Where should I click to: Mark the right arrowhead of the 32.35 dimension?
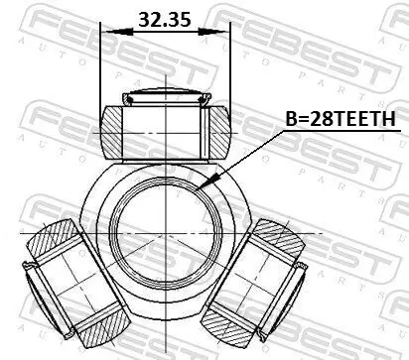pos(226,32)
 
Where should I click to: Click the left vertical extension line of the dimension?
pos(101,69)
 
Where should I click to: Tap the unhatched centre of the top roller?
pos(166,129)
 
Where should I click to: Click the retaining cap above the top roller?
pos(166,97)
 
